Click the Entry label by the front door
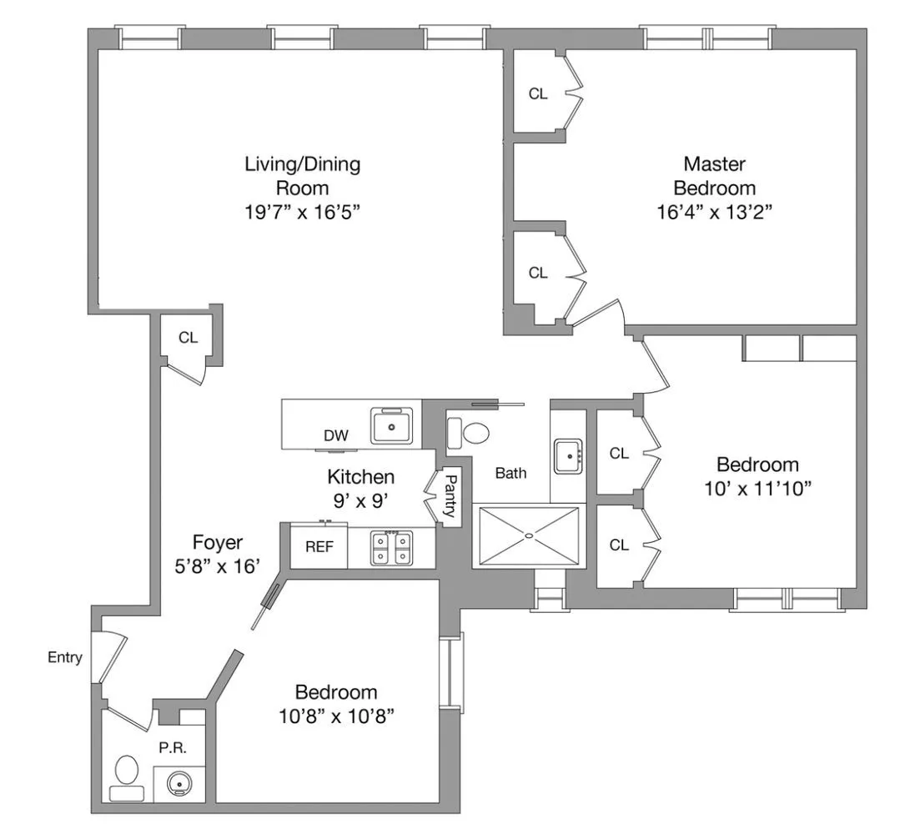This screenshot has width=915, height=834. pyautogui.click(x=64, y=657)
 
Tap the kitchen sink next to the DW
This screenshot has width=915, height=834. pyautogui.click(x=392, y=426)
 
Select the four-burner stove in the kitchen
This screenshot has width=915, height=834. pyautogui.click(x=390, y=548)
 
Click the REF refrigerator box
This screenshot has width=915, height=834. pyautogui.click(x=319, y=548)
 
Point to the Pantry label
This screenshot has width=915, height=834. pyautogui.click(x=450, y=496)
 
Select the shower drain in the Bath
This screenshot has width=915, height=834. pyautogui.click(x=529, y=535)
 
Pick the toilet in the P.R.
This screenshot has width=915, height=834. pyautogui.click(x=127, y=776)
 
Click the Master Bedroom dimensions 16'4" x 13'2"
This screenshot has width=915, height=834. pyautogui.click(x=713, y=212)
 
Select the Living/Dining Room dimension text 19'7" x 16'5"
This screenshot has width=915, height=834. pyautogui.click(x=302, y=212)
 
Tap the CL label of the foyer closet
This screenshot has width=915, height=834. pyautogui.click(x=189, y=338)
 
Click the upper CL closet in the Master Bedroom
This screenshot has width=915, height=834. pyautogui.click(x=538, y=93)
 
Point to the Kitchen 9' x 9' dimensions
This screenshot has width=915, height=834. pyautogui.click(x=360, y=501)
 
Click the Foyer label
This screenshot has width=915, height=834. pyautogui.click(x=218, y=542)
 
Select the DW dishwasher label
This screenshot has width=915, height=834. pyautogui.click(x=336, y=435)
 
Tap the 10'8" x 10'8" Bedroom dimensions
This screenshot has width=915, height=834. pyautogui.click(x=335, y=716)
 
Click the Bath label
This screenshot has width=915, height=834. pyautogui.click(x=510, y=473)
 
